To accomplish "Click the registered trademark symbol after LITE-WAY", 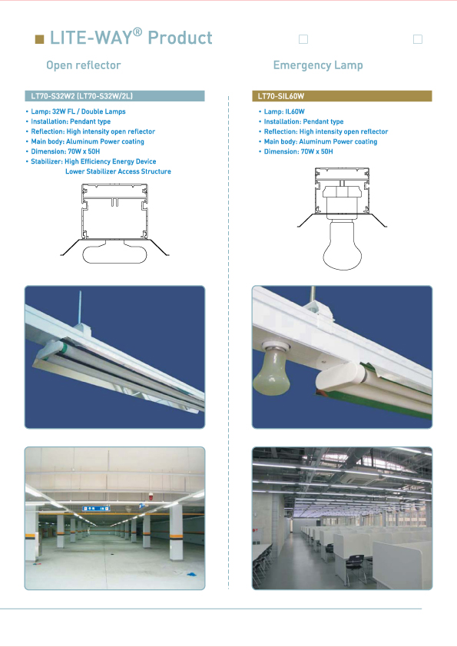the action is coord(138,32).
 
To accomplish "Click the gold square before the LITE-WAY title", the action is coord(40,39).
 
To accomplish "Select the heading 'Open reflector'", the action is coord(83,65).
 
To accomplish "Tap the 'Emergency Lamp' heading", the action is coord(318,65).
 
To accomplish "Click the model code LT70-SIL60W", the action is coord(281,96).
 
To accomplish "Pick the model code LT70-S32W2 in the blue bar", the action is coord(53,96).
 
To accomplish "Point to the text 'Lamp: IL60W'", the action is coord(284,111).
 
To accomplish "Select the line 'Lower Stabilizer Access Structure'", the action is coord(118,171).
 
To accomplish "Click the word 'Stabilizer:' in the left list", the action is coord(47,161).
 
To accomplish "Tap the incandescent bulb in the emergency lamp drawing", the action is coord(342,244).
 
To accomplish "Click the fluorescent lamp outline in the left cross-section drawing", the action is coord(114,251).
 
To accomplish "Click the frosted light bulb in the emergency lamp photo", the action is coord(271,370).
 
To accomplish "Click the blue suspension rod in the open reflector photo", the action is coord(80,307).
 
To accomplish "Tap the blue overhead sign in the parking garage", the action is coord(95,509).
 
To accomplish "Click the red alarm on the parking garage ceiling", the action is coord(150,497).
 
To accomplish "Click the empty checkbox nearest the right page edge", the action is coord(417,39).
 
